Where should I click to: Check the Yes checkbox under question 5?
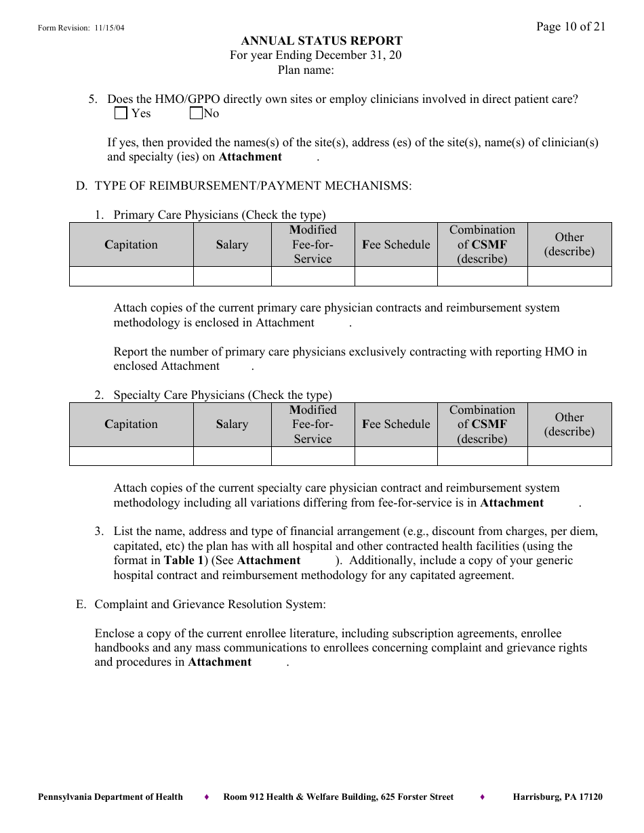click(121, 114)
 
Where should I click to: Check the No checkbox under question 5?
click(196, 114)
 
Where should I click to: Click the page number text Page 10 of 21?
click(570, 26)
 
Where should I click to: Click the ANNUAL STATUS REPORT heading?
click(321, 41)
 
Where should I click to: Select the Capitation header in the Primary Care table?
click(131, 244)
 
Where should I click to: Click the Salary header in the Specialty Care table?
click(232, 425)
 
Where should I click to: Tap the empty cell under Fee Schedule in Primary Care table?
click(396, 276)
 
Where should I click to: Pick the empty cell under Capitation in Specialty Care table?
click(131, 456)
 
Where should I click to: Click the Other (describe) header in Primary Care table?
click(569, 244)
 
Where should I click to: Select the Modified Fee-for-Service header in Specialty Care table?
click(313, 425)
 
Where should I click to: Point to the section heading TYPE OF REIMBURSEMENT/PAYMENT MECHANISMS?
click(252, 186)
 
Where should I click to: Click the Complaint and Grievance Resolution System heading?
click(210, 604)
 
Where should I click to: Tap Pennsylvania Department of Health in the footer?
click(110, 797)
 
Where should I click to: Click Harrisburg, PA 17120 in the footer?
click(557, 797)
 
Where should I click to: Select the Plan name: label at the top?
click(305, 70)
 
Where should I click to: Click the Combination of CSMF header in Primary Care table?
click(482, 244)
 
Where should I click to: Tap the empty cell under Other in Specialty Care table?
click(569, 456)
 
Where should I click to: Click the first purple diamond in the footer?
click(206, 797)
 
